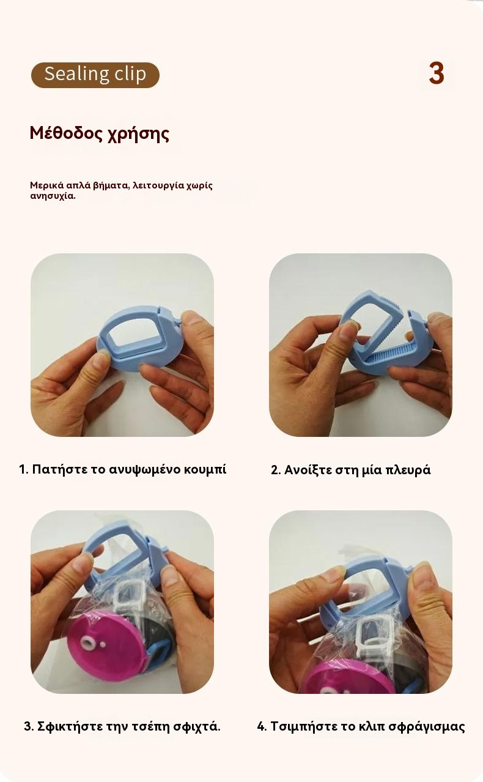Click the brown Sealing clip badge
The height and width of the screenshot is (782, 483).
[x=95, y=75]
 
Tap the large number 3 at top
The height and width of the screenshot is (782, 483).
[x=437, y=73]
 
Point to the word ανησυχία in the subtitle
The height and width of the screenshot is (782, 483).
[x=53, y=196]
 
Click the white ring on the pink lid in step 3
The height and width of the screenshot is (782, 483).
[x=86, y=642]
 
